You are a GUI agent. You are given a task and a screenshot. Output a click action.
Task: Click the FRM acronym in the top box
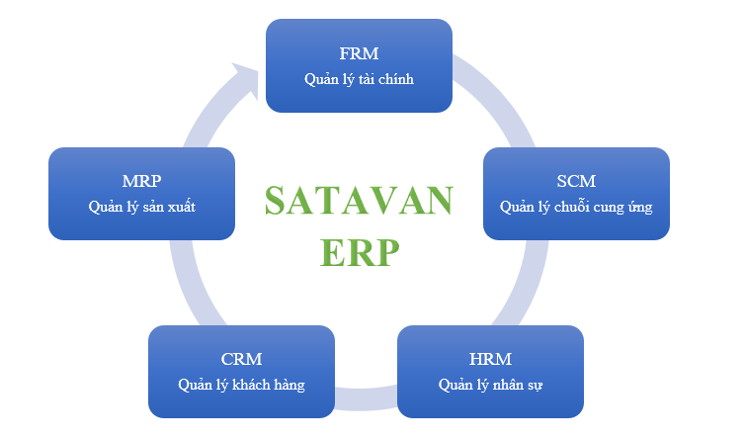point(359,52)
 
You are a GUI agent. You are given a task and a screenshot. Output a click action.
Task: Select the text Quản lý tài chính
point(359,77)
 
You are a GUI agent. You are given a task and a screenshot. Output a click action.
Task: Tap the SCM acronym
point(576,182)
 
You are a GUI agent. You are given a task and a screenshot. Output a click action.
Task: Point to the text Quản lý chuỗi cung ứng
point(576,207)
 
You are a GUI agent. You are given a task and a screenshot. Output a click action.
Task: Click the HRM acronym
point(489,358)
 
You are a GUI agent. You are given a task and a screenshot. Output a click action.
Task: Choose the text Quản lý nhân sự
point(489,384)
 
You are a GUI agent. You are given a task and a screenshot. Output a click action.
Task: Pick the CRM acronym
point(241,358)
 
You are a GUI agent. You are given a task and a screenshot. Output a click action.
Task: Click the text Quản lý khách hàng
point(241,384)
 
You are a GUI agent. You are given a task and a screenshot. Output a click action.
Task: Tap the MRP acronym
point(141,182)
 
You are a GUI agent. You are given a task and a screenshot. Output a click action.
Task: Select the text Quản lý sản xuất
point(141,207)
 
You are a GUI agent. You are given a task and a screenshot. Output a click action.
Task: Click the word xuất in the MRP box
point(180,207)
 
